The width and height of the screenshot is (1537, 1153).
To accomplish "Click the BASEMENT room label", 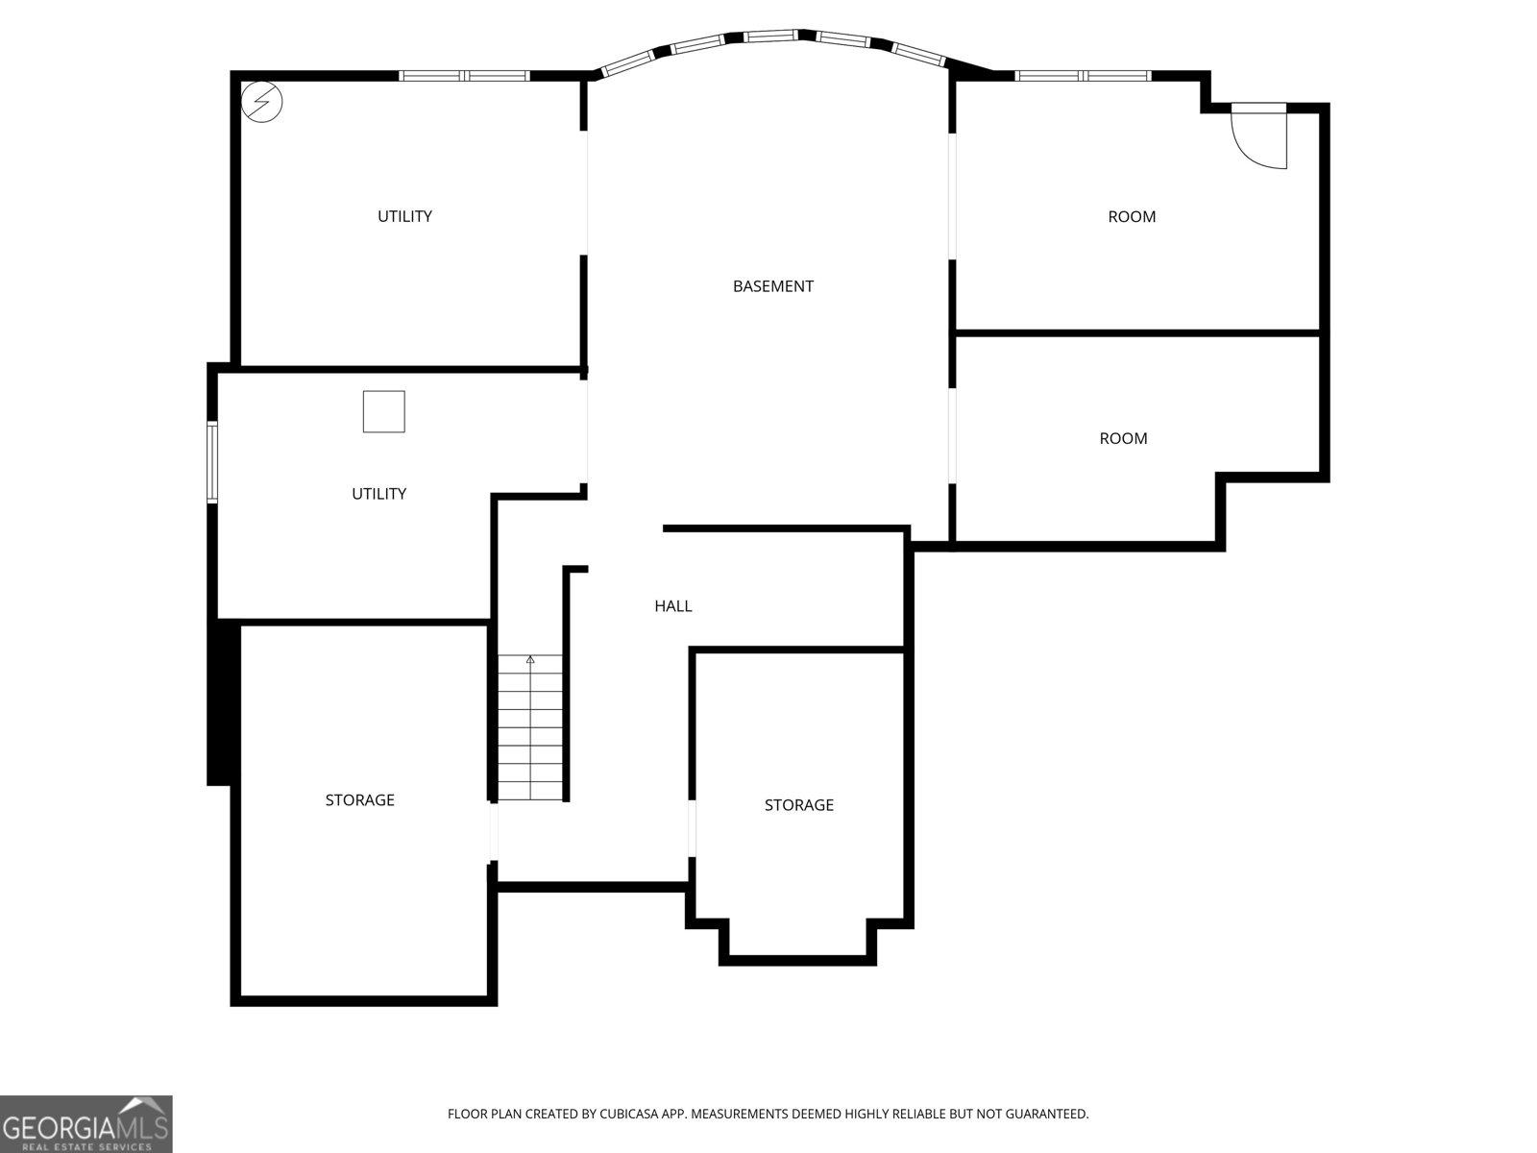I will coord(772,286).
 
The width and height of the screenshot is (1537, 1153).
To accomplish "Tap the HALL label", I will coord(672,606).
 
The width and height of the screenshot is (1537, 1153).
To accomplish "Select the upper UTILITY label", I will coord(404,216).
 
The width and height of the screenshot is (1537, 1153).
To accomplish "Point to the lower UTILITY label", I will coord(378,494).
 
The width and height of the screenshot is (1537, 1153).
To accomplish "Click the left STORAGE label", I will coord(359,800).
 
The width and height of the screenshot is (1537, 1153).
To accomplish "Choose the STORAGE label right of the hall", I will coord(798,805).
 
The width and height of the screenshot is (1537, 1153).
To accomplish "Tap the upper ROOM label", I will coord(1132,217).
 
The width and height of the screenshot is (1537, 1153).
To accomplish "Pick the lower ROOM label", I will coord(1123,439).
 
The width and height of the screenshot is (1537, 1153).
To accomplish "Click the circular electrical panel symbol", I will coord(262,101).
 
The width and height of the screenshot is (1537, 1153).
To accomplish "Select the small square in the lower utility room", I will coord(383,412).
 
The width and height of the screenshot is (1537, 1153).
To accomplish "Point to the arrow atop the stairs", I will coord(530,660).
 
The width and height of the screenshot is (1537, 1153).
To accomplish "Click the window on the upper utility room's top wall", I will coord(464,76).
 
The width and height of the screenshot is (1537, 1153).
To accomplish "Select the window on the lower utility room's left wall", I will coord(213,461).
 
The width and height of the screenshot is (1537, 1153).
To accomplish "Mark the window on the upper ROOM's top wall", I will coord(1083,76).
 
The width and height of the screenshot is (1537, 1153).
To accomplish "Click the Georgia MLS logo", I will coord(85,1123).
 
